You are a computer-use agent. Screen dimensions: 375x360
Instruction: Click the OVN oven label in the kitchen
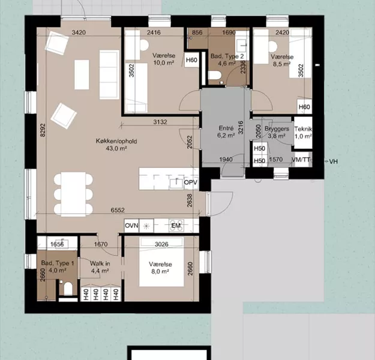click(x=131, y=226)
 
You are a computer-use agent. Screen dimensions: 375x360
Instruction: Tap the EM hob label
click(x=176, y=226)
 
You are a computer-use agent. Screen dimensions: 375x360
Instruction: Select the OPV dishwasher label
click(x=191, y=182)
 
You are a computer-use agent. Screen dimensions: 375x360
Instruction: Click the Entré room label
click(x=226, y=128)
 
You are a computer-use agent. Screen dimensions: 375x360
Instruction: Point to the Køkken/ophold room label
click(x=116, y=141)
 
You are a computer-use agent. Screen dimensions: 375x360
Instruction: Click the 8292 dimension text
click(x=43, y=130)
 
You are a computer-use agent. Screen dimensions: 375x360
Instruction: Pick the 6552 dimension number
click(x=118, y=210)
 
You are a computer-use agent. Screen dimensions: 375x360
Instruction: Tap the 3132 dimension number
click(x=160, y=122)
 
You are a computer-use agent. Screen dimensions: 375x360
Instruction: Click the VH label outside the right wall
click(x=334, y=161)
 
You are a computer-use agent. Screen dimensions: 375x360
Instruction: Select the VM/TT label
click(x=301, y=160)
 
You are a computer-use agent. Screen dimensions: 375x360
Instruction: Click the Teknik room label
click(x=303, y=129)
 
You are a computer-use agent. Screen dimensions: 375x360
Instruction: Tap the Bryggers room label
click(x=277, y=128)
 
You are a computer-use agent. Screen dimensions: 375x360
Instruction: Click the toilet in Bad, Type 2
click(x=215, y=76)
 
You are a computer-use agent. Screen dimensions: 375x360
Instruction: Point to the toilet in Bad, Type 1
click(x=68, y=288)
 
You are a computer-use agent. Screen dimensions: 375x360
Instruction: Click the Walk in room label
click(x=100, y=263)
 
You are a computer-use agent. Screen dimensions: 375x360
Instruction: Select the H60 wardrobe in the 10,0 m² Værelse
click(x=191, y=60)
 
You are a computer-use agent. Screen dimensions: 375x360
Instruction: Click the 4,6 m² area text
click(x=227, y=64)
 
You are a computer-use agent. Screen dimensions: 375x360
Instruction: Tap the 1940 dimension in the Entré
click(x=226, y=160)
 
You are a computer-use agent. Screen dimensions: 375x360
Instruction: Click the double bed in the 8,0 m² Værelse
click(x=161, y=262)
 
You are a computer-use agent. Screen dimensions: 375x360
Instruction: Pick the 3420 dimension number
click(x=79, y=32)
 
